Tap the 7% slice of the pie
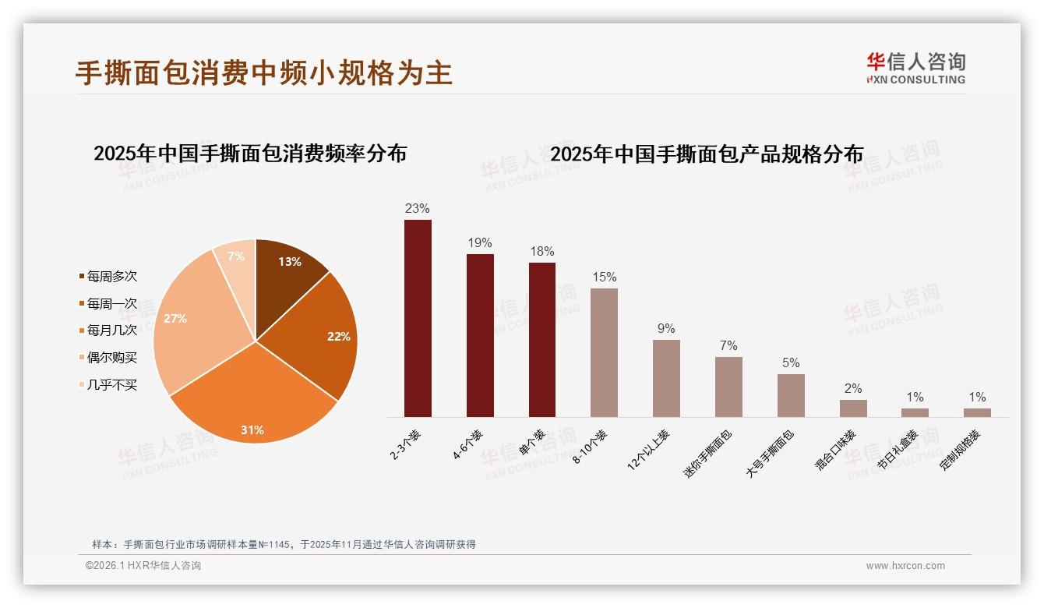click(235, 261)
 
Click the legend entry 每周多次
click(111, 277)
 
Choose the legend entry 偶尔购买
click(111, 357)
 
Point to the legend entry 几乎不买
click(111, 384)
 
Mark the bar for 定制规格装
click(977, 412)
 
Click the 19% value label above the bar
click(480, 243)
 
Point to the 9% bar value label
click(666, 329)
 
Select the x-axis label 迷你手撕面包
click(710, 452)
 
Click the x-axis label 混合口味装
click(836, 450)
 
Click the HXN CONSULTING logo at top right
click(915, 69)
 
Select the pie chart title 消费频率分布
click(250, 154)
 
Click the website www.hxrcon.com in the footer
click(905, 566)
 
